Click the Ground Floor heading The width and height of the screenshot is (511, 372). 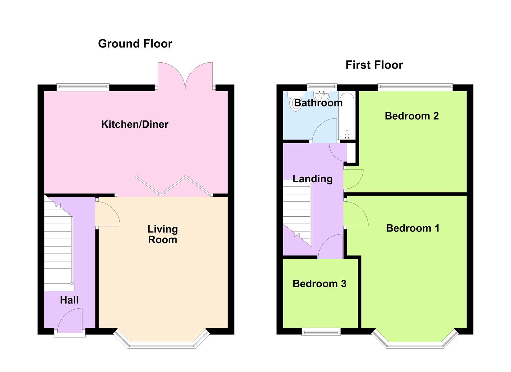pos(135,44)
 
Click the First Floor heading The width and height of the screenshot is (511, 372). pos(374,65)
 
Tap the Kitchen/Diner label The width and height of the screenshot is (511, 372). pos(135,124)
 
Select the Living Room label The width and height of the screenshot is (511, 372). pos(162,234)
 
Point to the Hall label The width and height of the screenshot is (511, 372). pos(69,300)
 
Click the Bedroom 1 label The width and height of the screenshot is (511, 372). pos(413,228)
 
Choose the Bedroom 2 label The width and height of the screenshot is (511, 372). pos(412,116)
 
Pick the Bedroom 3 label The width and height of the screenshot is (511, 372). pos(319,284)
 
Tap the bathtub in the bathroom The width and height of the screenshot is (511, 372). pos(347,115)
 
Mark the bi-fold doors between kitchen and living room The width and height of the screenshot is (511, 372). pos(174,186)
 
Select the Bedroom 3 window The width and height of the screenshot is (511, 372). pos(321,332)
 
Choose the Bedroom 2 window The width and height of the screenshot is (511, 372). pos(415,87)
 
